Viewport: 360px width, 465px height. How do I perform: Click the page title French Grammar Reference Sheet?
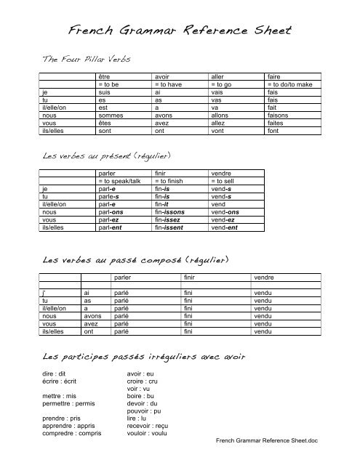[x=180, y=30]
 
